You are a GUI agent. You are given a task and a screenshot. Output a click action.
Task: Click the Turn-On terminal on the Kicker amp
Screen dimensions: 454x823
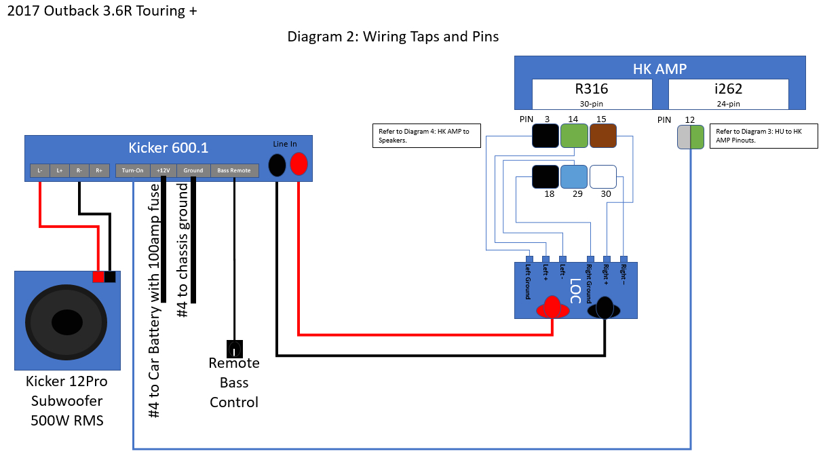(x=132, y=170)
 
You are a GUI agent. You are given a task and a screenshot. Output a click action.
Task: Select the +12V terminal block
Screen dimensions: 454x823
(x=163, y=170)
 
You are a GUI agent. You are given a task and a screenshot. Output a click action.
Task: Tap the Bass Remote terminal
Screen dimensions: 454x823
(x=234, y=170)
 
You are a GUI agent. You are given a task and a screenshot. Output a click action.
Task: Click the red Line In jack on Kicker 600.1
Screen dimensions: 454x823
(x=299, y=164)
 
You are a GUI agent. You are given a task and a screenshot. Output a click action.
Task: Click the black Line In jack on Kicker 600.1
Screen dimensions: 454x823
(x=277, y=164)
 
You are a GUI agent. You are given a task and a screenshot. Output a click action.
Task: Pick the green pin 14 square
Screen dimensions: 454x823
(x=573, y=136)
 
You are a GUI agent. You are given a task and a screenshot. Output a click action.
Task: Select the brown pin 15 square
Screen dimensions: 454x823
(x=602, y=136)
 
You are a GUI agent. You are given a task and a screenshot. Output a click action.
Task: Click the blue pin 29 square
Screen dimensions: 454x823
(x=573, y=176)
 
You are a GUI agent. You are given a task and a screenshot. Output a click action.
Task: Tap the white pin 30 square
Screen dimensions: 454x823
(x=602, y=176)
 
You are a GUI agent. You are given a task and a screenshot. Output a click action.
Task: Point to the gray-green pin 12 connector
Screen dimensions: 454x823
(x=691, y=138)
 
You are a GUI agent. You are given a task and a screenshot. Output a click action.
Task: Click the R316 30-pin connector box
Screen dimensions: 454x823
(x=592, y=94)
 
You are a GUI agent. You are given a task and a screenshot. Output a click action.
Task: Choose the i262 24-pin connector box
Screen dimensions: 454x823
(x=729, y=94)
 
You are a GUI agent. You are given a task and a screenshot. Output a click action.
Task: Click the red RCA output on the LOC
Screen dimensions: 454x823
(x=553, y=309)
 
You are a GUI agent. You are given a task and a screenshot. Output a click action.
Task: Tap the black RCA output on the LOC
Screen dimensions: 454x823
(x=604, y=309)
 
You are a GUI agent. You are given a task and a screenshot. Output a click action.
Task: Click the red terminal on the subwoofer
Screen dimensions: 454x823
(x=98, y=277)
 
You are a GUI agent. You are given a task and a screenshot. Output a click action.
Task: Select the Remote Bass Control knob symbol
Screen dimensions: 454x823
(x=234, y=349)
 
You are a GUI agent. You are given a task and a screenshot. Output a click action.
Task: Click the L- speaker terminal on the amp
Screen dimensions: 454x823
(x=40, y=170)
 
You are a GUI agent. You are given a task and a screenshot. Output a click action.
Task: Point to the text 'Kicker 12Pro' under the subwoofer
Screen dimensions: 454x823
(x=66, y=381)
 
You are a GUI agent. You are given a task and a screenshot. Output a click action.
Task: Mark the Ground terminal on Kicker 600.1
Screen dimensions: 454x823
(x=193, y=170)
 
